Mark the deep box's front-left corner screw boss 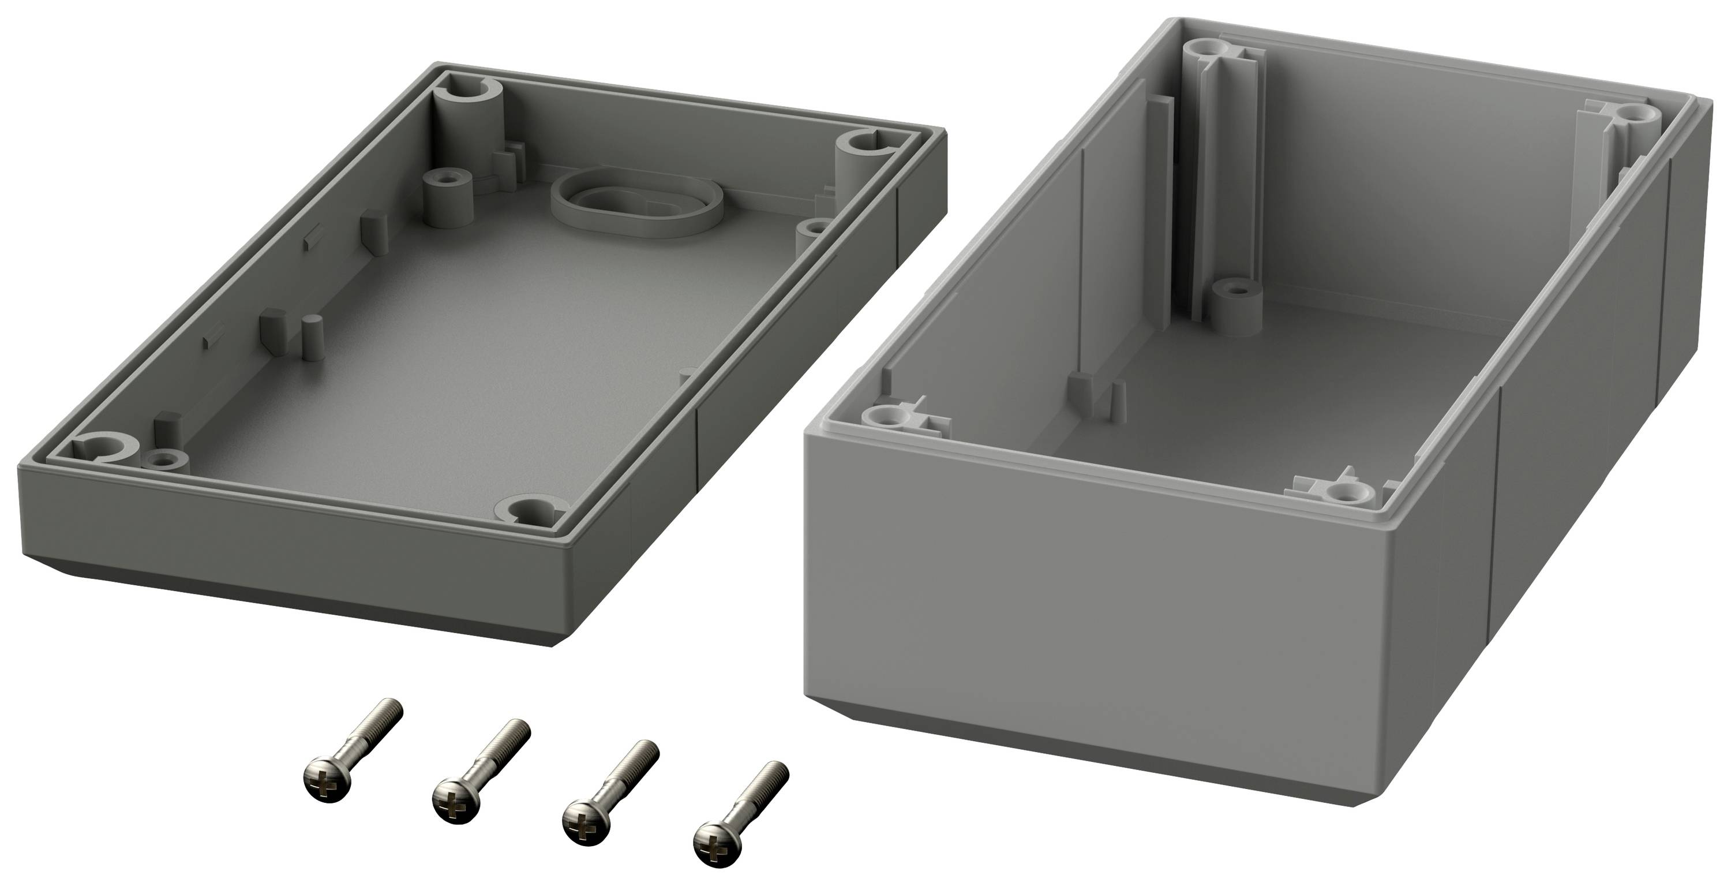[887, 417]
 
